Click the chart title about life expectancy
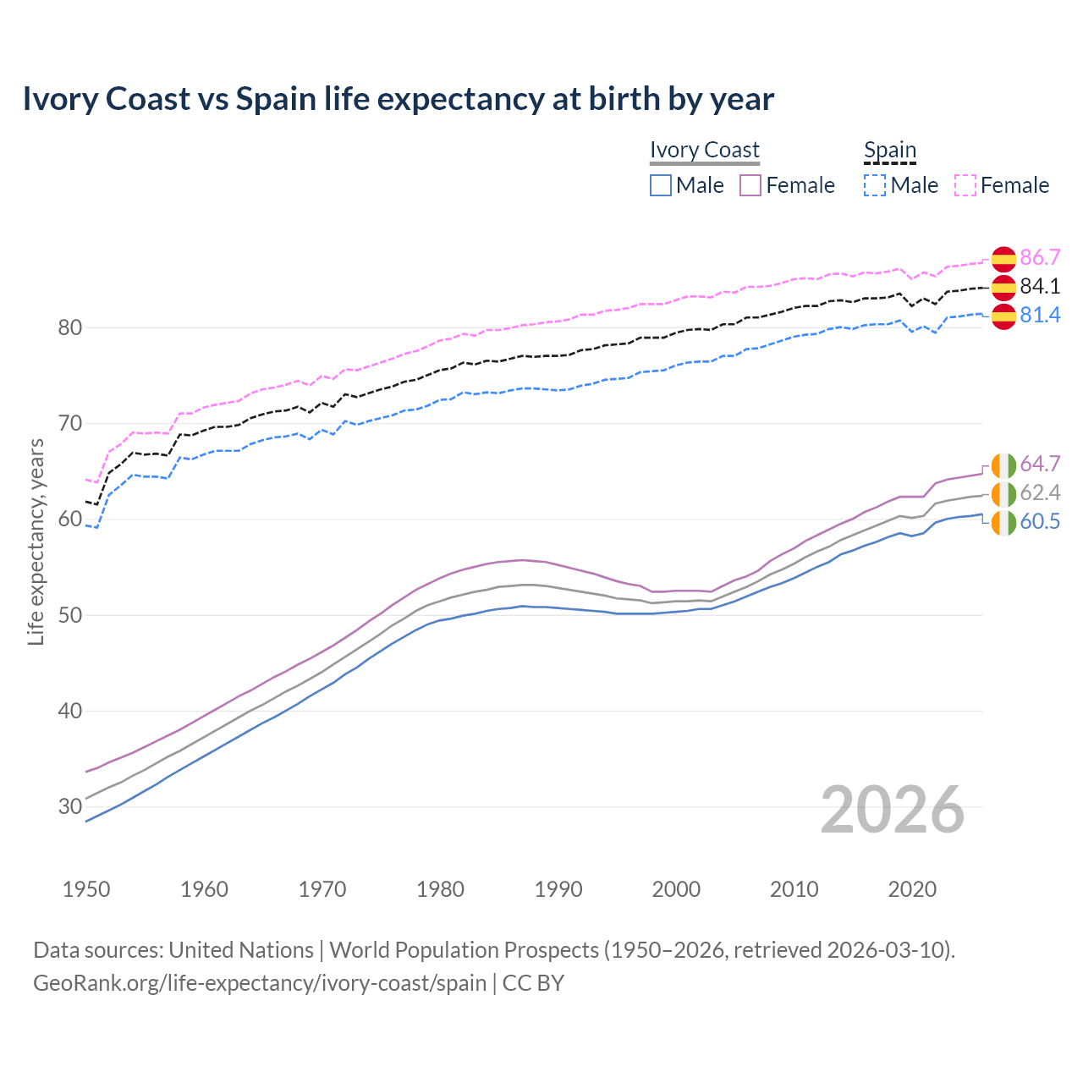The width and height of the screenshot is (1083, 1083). click(398, 99)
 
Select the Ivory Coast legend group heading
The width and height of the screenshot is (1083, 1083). click(704, 150)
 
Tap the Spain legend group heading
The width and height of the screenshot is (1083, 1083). click(889, 150)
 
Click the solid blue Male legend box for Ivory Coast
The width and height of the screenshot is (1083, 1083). click(661, 185)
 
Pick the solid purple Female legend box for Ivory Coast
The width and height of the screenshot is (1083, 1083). click(750, 185)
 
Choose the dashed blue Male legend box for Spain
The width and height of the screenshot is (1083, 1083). click(875, 185)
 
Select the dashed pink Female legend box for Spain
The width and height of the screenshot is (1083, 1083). click(965, 185)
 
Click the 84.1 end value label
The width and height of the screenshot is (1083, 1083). click(1040, 287)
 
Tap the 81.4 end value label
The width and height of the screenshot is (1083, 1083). click(1040, 316)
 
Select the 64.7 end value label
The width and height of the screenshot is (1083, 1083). click(1040, 465)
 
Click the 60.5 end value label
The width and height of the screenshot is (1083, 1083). click(1040, 522)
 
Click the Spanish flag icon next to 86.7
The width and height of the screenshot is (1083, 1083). click(1003, 259)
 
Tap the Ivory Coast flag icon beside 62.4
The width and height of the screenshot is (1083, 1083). click(1003, 494)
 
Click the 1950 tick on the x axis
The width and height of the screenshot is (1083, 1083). click(86, 889)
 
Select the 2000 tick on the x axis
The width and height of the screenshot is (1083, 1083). click(676, 889)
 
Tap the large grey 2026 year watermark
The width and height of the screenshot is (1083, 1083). click(892, 810)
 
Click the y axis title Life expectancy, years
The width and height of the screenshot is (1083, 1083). click(36, 541)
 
